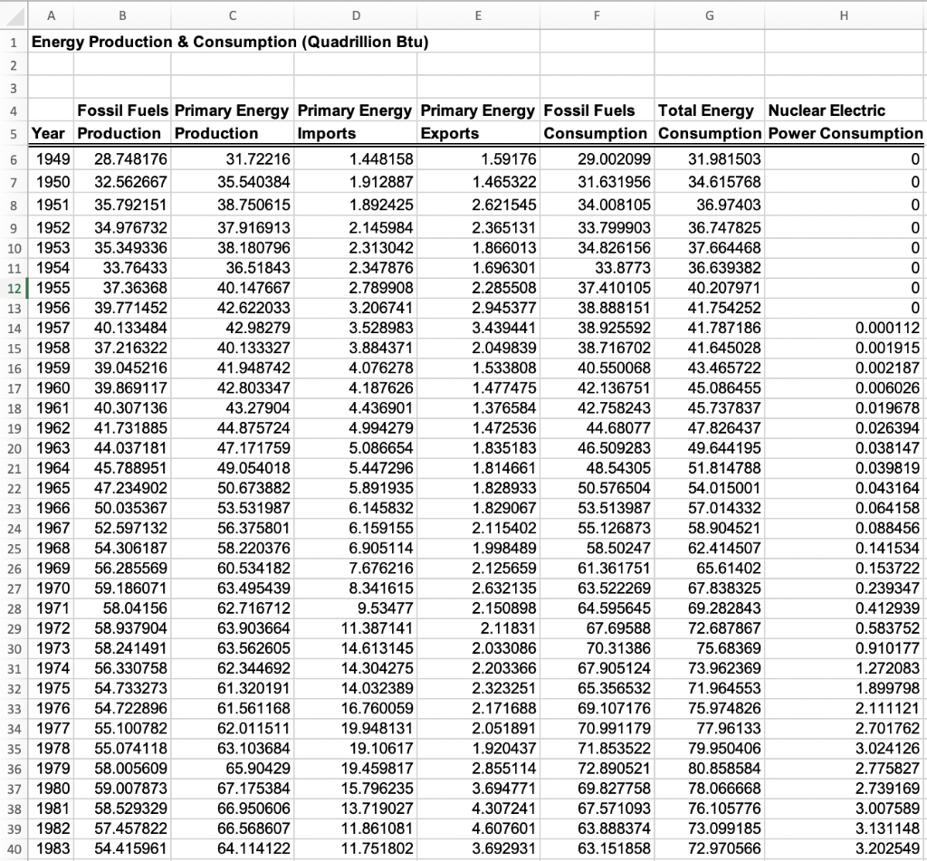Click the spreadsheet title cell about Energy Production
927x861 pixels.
230,43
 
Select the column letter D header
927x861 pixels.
356,14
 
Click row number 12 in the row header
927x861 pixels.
14,287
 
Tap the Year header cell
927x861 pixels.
48,133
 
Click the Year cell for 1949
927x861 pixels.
52,160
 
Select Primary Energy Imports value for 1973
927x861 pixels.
380,647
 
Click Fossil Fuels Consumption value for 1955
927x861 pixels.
613,287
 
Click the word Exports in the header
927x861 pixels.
450,133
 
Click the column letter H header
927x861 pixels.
844,14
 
